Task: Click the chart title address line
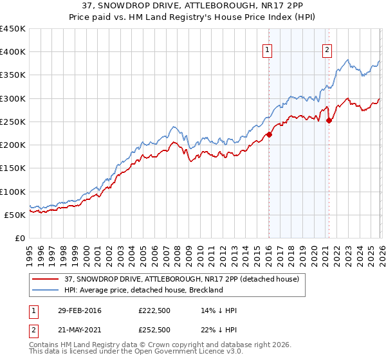[193, 6]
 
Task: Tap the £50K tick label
[15, 215]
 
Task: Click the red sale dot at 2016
[270, 134]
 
